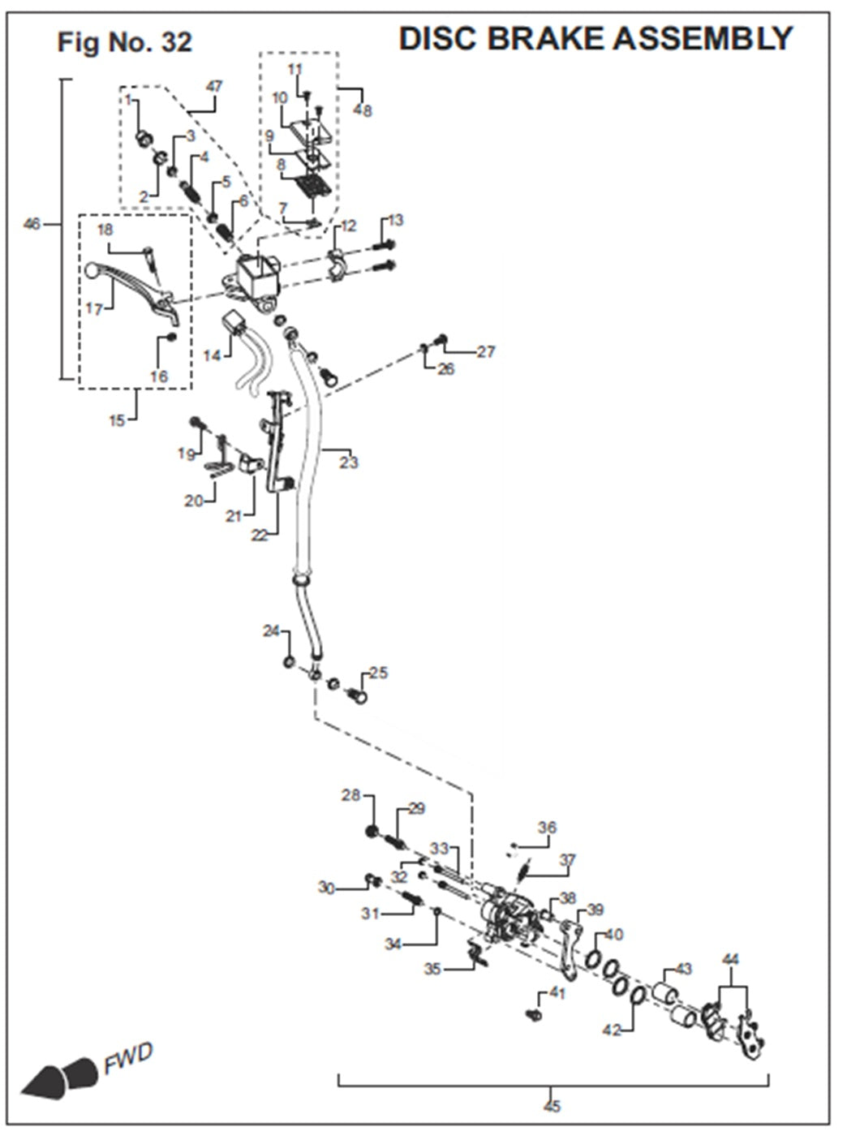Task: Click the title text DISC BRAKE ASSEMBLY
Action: (x=595, y=38)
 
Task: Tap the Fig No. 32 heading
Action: (x=124, y=41)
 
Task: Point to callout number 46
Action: (x=31, y=223)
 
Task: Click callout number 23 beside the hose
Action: (x=349, y=462)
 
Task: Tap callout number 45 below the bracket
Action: (x=552, y=1105)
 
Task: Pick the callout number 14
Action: (x=212, y=355)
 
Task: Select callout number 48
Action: (x=363, y=110)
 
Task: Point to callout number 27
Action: (x=485, y=351)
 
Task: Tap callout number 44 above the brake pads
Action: (x=730, y=960)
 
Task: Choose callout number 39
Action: (x=595, y=910)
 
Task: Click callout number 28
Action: (x=350, y=794)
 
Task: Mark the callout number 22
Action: (x=259, y=536)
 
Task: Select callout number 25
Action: (x=378, y=673)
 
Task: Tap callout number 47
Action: (x=214, y=86)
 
